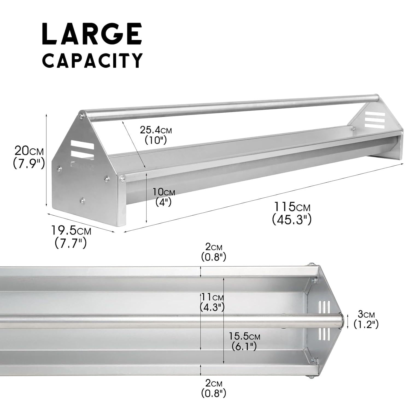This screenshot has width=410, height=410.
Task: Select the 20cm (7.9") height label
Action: (29, 157)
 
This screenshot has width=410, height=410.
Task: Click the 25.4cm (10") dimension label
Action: (156, 135)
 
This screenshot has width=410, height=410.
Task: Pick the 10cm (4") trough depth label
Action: (163, 197)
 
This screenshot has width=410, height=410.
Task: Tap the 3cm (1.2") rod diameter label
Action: (366, 319)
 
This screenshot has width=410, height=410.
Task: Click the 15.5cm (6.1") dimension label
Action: (244, 342)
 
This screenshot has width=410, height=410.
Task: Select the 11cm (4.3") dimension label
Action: (212, 302)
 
